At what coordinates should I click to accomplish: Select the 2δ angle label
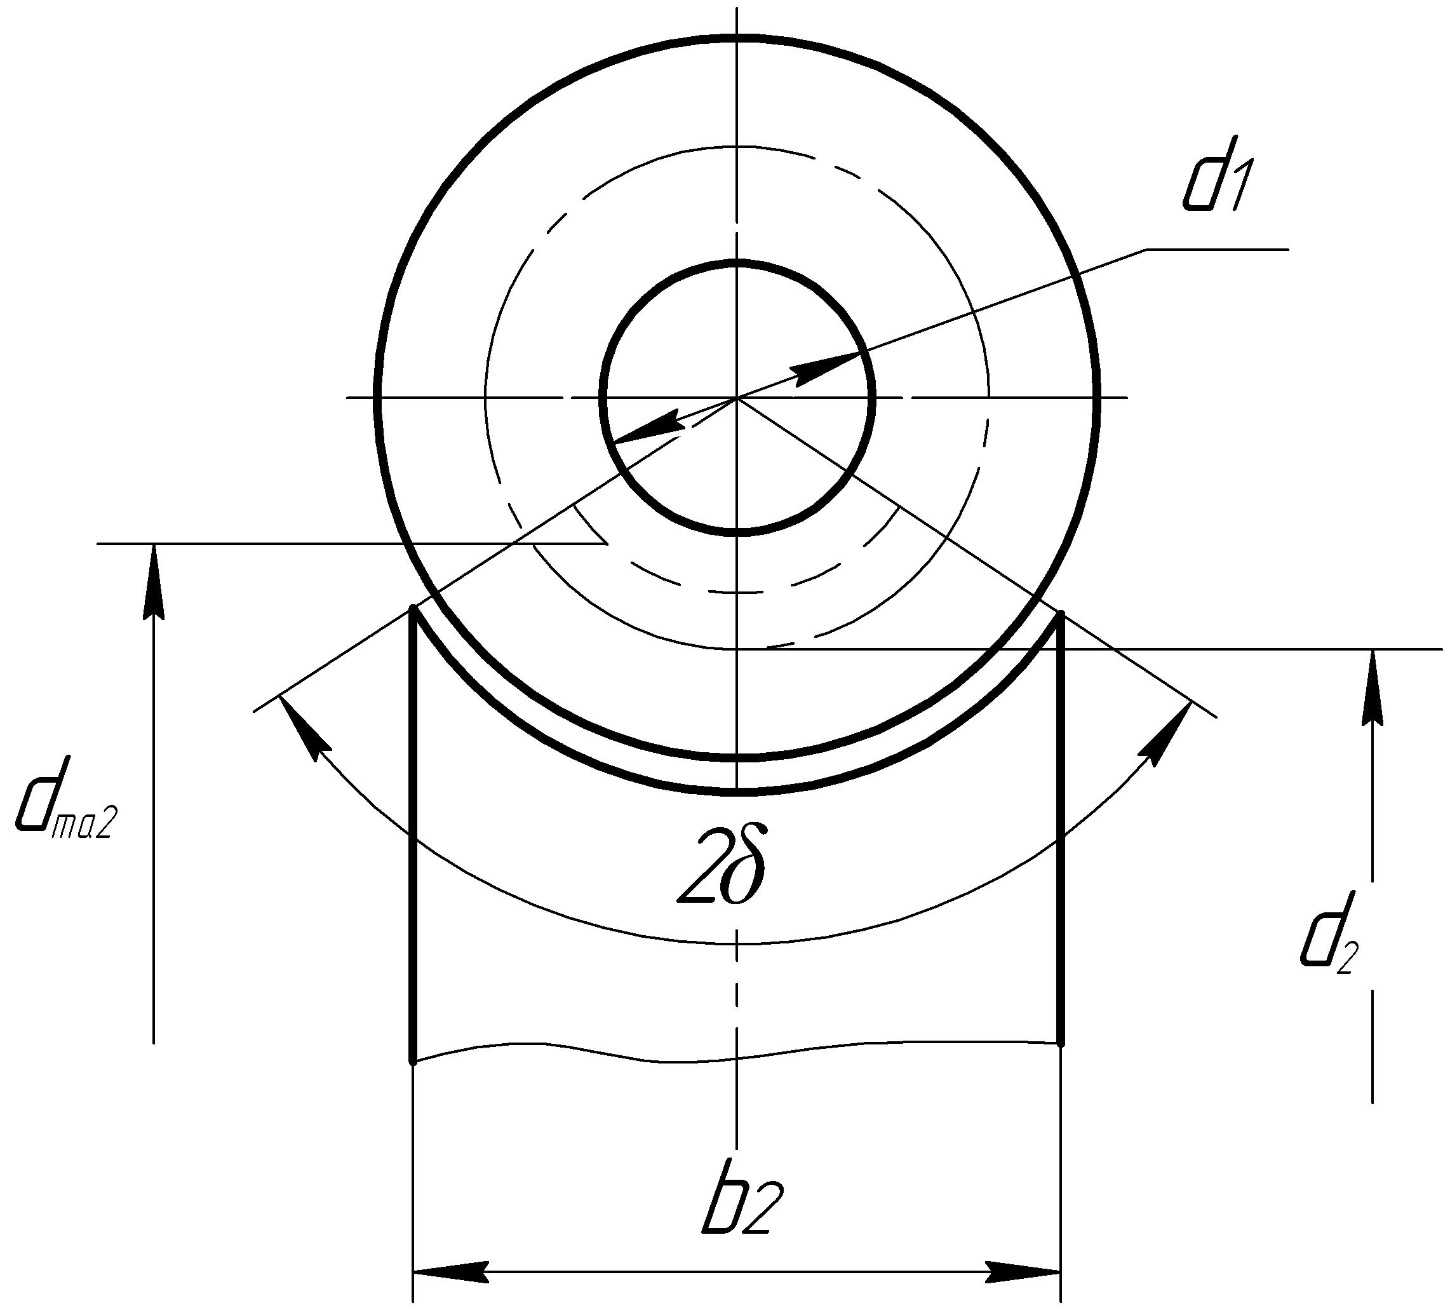(721, 865)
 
